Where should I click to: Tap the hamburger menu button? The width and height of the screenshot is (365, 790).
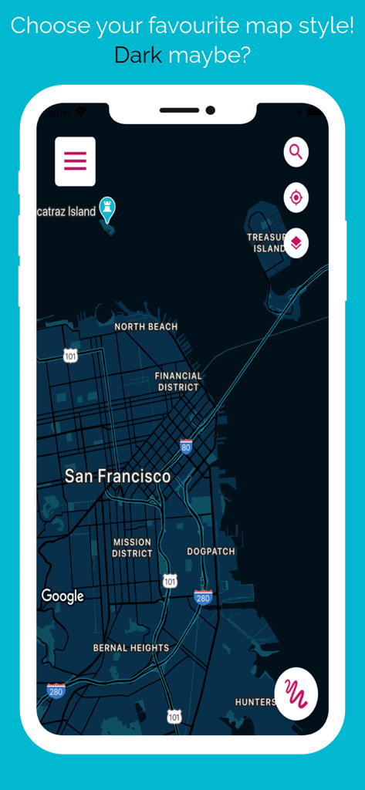[x=75, y=161]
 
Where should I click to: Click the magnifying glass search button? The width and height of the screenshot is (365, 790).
[x=296, y=151]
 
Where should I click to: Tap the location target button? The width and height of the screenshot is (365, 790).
[x=296, y=197]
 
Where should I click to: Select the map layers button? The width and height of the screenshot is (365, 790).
[x=296, y=243]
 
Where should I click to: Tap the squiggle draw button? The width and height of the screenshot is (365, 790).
[x=296, y=694]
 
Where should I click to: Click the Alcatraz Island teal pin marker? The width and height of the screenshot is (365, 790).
[x=108, y=208]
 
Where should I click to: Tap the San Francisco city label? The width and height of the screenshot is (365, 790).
[x=117, y=476]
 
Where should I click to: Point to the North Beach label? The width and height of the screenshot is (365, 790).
[x=146, y=327]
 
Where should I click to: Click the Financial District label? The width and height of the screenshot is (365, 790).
[x=178, y=381]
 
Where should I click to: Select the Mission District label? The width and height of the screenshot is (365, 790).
[x=132, y=548]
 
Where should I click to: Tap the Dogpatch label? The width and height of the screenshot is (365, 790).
[x=211, y=552]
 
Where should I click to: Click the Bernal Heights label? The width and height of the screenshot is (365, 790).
[x=131, y=648]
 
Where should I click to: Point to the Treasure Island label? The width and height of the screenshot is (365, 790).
[x=267, y=243]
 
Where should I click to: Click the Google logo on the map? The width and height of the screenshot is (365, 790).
[x=63, y=596]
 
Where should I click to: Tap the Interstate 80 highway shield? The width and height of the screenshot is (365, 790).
[x=186, y=446]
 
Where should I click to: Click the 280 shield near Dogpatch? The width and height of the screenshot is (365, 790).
[x=203, y=597]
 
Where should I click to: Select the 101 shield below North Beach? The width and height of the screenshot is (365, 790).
[x=70, y=356]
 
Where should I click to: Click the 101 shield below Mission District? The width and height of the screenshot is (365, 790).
[x=170, y=581]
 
